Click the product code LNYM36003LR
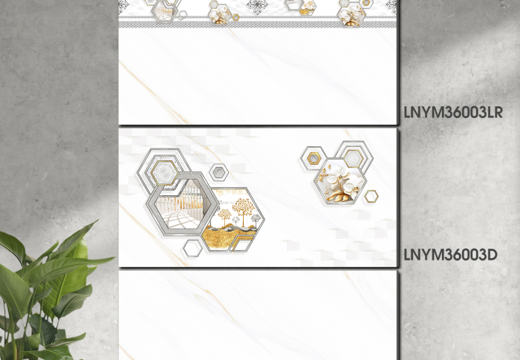[x=453, y=112]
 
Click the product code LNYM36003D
[x=451, y=255]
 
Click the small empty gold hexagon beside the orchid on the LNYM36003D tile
[x=371, y=196]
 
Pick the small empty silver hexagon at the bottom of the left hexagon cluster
[x=192, y=248]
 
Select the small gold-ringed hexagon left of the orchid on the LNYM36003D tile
[x=313, y=158]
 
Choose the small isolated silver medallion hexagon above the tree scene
[x=218, y=172]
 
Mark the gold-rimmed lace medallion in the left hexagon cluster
[x=165, y=173]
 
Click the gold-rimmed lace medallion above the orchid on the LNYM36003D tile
[x=353, y=158]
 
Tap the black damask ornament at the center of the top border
[x=258, y=7]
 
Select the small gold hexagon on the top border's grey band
[x=235, y=18]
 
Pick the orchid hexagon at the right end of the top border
[x=351, y=14]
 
